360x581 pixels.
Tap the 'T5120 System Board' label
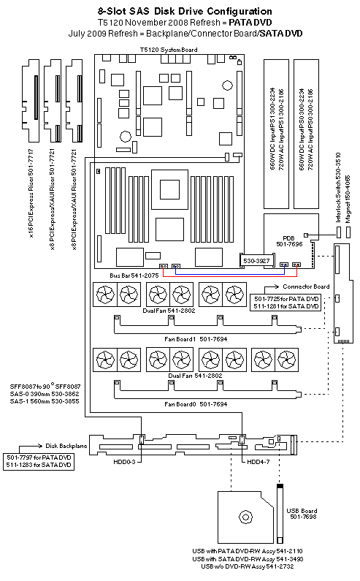[x=168, y=49]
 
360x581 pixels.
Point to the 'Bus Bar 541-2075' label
[x=134, y=274]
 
